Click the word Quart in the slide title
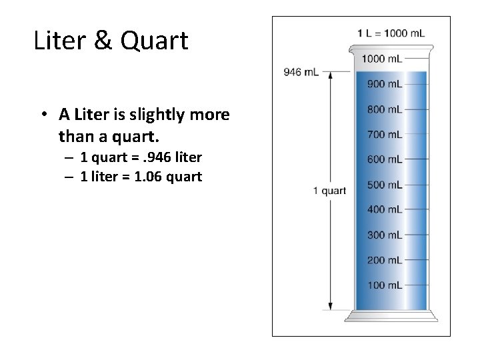click(156, 40)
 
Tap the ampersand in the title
click(104, 40)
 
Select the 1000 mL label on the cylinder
click(381, 59)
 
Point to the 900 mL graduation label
click(384, 84)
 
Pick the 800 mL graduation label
click(384, 109)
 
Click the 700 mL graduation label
click(384, 135)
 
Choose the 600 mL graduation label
click(384, 159)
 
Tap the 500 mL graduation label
click(384, 185)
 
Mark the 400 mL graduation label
click(384, 209)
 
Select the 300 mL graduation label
click(384, 235)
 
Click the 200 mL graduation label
click(384, 260)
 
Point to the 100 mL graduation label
click(384, 285)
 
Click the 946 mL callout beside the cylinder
click(301, 71)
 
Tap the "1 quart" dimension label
click(329, 191)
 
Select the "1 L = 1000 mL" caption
click(391, 33)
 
